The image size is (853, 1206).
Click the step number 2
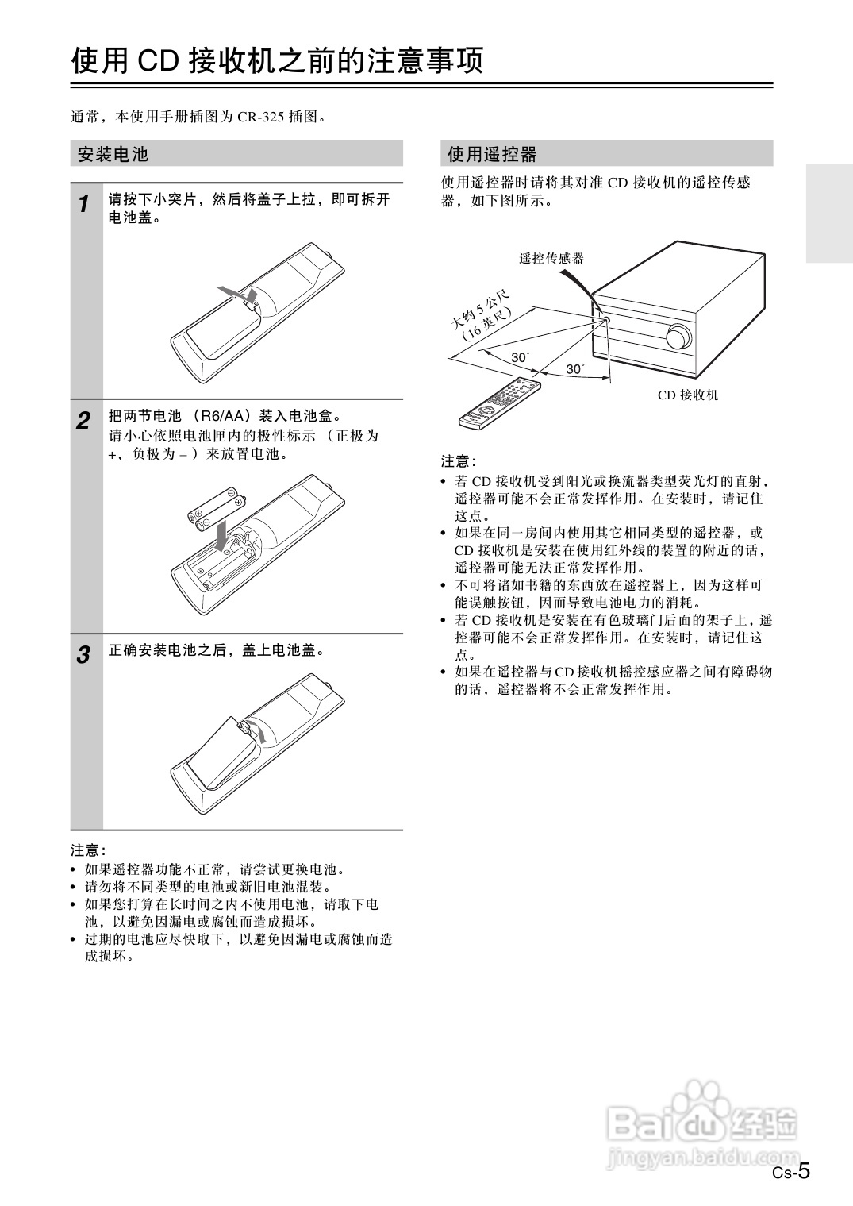[83, 421]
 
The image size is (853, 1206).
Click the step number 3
[83, 656]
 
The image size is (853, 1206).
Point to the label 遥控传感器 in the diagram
[551, 258]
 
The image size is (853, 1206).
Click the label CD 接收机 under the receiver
[687, 395]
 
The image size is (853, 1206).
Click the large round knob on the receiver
[679, 337]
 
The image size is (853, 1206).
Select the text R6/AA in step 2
[219, 417]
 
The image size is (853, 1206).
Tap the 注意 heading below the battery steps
[88, 850]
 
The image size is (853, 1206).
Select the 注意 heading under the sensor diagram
[458, 461]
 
